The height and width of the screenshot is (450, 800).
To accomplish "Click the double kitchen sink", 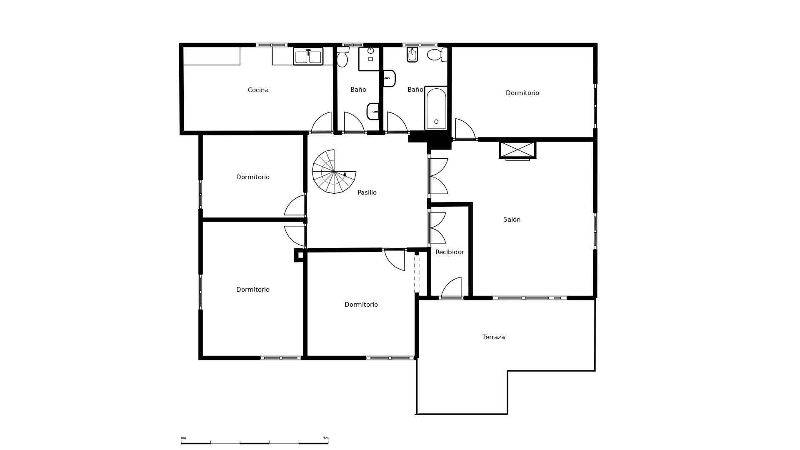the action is click(308, 56).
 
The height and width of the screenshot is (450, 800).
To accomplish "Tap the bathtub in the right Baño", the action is click(436, 108).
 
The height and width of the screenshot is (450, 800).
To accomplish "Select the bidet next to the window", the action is click(412, 55).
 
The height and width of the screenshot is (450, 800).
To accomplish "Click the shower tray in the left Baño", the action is click(369, 59).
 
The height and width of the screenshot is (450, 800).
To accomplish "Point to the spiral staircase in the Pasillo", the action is click(334, 171).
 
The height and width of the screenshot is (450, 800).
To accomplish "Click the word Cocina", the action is click(258, 90).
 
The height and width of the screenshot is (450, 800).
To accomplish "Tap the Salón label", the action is click(512, 220).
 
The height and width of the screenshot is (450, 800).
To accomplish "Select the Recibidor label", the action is click(450, 252).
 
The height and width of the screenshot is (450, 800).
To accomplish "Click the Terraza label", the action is click(494, 337).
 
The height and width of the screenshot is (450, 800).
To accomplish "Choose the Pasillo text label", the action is click(367, 192).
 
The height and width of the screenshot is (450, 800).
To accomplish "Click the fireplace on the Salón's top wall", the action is click(517, 150).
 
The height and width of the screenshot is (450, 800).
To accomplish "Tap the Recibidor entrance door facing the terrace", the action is click(451, 287).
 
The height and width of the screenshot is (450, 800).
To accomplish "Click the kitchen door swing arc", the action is click(321, 122).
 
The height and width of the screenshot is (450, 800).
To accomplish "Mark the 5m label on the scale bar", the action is click(326, 438).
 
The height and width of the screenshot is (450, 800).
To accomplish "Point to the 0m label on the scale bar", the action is click(183, 438).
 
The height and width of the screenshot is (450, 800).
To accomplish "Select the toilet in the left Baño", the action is click(342, 57).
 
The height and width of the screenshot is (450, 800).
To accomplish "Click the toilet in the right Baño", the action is click(437, 55).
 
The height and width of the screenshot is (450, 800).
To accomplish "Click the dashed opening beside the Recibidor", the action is click(417, 272).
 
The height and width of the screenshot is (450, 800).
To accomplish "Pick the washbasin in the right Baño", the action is click(389, 78).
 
